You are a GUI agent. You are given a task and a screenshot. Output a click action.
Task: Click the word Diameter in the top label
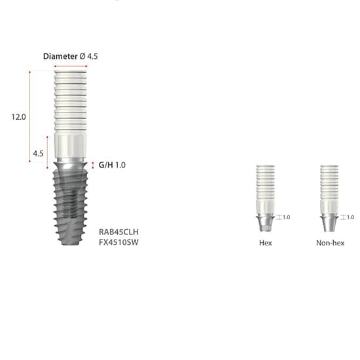[x=60, y=56]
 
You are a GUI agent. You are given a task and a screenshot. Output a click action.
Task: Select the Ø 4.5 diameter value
[x=88, y=56]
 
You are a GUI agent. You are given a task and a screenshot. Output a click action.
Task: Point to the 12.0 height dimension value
[x=18, y=117]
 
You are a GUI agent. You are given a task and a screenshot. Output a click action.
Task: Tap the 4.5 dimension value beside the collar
[x=38, y=153]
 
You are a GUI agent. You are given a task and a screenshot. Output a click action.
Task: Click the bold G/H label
[x=105, y=165]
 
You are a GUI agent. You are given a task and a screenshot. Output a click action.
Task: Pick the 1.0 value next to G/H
[x=120, y=165]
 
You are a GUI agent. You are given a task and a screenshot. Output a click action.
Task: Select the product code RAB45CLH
[x=118, y=232]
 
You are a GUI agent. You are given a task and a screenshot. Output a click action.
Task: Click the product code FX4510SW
[x=118, y=242]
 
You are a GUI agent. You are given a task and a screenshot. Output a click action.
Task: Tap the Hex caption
[x=265, y=243]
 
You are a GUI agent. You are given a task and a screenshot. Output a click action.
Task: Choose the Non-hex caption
[x=330, y=243]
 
